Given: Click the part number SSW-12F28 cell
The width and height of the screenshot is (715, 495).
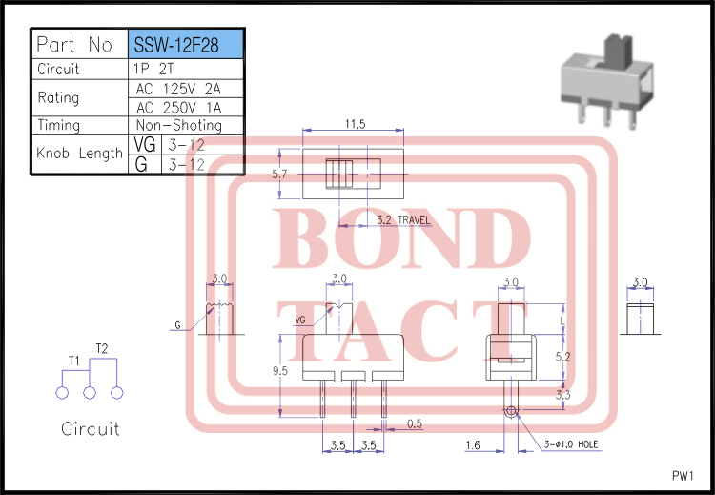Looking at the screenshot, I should (x=185, y=45).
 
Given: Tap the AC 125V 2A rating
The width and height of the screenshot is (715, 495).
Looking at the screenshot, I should (x=179, y=89).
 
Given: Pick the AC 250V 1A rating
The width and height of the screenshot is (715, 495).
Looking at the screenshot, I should (x=179, y=107).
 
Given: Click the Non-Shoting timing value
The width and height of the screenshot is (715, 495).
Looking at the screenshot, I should (x=179, y=125).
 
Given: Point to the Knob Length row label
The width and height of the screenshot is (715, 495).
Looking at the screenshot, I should (x=79, y=153).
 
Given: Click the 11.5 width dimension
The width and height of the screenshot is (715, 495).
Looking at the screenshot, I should (x=356, y=124).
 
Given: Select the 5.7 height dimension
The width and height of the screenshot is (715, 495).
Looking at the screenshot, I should (x=279, y=175).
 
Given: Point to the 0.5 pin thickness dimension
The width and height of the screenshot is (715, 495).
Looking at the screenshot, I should (x=415, y=423).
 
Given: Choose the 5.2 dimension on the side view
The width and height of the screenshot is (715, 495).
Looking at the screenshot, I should (x=563, y=357).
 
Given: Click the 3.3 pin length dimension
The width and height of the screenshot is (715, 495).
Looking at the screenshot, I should (x=563, y=393).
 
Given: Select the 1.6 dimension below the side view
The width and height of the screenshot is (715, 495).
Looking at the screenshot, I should (x=473, y=445).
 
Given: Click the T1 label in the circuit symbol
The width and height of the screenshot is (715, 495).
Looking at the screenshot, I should (x=73, y=361).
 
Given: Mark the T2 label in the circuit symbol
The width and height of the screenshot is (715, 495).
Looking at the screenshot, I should (x=102, y=347).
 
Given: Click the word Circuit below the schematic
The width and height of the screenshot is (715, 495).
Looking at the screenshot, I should (x=91, y=429).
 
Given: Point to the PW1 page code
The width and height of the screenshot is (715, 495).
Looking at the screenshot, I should (x=683, y=476).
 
